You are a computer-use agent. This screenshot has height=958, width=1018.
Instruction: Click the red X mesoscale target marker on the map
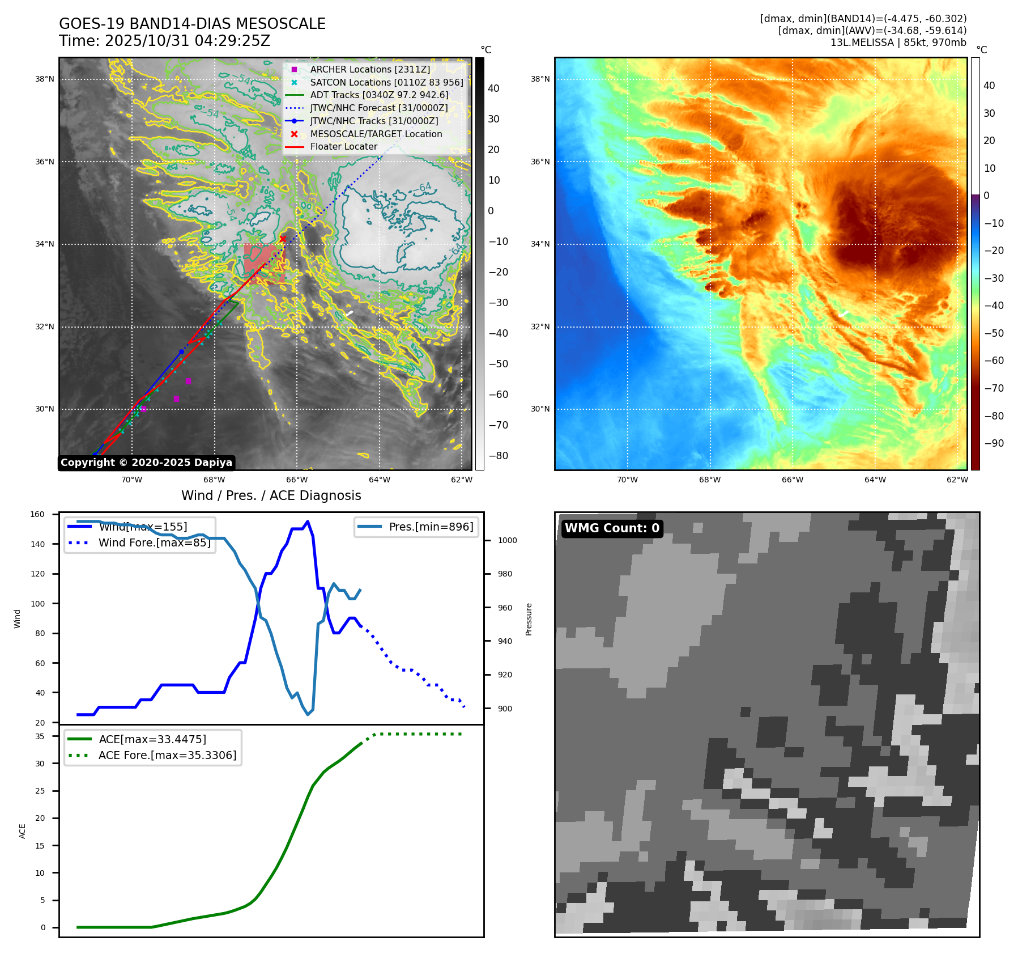[283, 239]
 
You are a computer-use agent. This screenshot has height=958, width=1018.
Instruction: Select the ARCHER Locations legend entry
[370, 69]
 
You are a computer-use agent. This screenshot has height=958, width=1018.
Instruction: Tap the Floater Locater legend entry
[343, 146]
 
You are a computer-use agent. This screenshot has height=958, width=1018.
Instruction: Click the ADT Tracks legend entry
[379, 95]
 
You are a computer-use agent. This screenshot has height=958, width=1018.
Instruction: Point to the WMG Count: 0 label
[612, 528]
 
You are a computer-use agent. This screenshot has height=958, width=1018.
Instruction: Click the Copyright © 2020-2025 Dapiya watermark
[146, 463]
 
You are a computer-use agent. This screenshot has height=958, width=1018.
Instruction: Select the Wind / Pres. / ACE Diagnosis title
[271, 495]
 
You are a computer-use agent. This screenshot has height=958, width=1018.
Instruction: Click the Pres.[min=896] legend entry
[431, 527]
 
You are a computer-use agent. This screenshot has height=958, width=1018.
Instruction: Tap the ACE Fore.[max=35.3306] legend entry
[167, 755]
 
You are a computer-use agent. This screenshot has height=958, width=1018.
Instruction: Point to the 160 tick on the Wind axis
[37, 515]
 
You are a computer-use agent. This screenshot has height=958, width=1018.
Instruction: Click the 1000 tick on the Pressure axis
[507, 540]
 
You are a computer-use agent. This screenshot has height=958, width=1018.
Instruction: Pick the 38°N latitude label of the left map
[45, 79]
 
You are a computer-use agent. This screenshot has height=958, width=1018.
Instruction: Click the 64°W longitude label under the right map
[875, 480]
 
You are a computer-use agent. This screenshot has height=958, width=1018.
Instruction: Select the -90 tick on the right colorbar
[994, 443]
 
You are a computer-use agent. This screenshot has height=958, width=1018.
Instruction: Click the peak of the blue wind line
[308, 522]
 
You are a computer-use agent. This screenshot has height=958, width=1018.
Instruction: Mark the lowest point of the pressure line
[308, 714]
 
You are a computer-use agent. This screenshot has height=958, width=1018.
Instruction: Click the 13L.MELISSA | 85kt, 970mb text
[898, 43]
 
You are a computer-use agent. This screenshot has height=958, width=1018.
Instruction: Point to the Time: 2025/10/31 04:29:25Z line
[164, 41]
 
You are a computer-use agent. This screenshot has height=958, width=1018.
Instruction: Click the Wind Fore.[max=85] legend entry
[154, 542]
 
